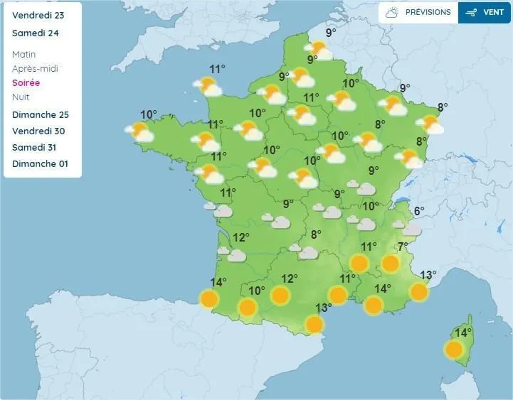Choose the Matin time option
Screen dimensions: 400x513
pos(24,55)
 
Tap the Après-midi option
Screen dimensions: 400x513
pos(35,69)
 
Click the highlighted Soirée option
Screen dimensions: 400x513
pos(26,83)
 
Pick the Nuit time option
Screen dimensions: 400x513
pos(21,97)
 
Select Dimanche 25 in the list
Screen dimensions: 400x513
pos(41,115)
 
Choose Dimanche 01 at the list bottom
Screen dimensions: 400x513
pos(40,164)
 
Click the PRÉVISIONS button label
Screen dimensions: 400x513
pos(428,13)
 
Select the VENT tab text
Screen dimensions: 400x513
pos(493,13)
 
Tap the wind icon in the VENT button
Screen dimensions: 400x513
pos(471,13)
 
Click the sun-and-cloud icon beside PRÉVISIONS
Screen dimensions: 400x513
pos(392,13)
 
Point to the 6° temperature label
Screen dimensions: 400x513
pos(419,211)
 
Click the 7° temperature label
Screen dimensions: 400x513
pos(403,247)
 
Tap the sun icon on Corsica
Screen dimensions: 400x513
pos(454,350)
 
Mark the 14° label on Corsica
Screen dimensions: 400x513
pos(462,333)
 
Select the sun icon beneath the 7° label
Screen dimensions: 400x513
pos(390,264)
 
